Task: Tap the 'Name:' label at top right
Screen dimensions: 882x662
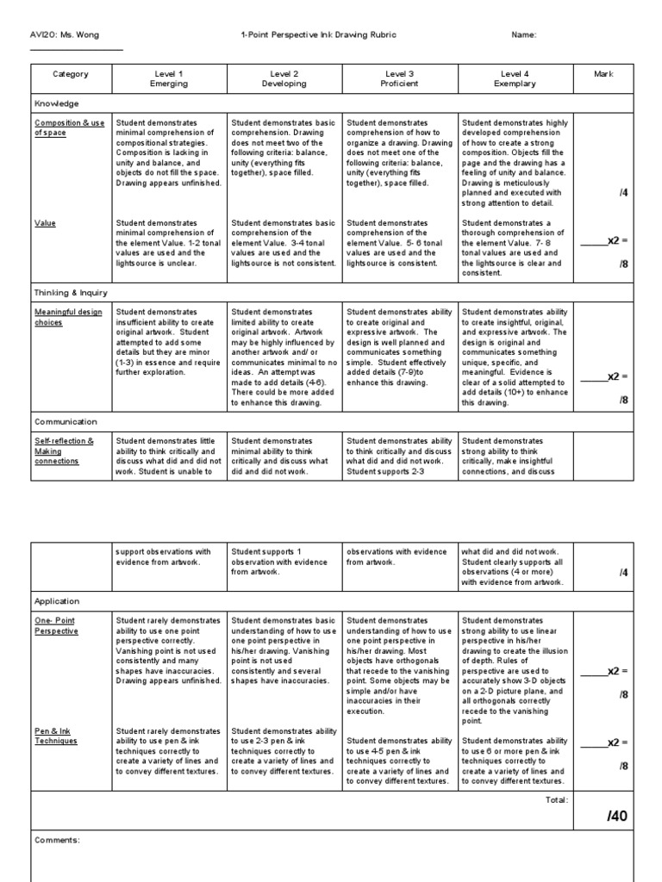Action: (524, 34)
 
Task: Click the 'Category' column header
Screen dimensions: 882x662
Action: (71, 74)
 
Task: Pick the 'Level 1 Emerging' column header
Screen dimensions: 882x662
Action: (168, 79)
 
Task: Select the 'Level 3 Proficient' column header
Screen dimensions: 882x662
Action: (399, 79)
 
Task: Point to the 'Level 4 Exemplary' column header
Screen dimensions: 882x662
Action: (515, 79)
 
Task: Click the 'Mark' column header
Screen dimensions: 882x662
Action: (604, 74)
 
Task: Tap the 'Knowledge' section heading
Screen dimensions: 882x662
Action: (56, 103)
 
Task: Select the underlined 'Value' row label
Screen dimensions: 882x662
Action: (45, 222)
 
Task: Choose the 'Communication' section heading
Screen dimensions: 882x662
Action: (66, 422)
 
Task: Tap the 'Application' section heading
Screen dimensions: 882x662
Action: (57, 601)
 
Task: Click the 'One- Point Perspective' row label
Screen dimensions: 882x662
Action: (56, 625)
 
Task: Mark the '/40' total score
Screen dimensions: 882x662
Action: (617, 817)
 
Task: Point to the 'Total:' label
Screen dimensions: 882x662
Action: (556, 800)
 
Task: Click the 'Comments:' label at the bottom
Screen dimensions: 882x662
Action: (57, 840)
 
